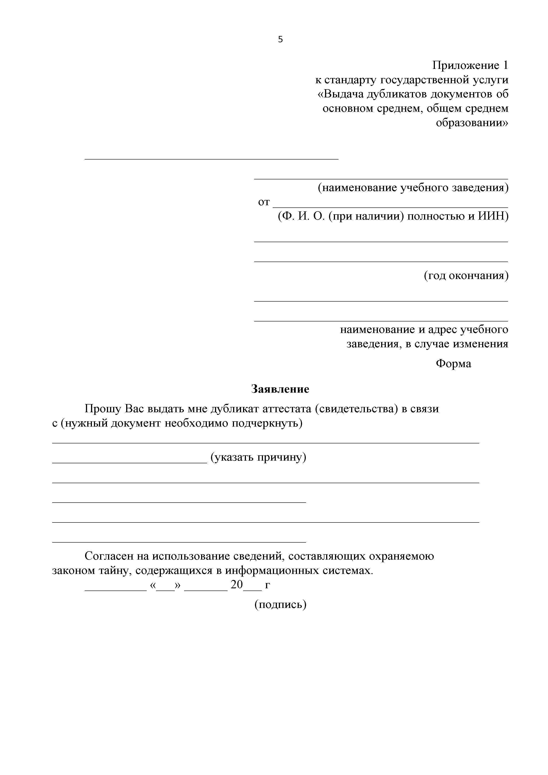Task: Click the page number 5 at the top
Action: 280,40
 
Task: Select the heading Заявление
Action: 280,389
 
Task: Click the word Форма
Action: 453,364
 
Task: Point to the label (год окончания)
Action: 466,276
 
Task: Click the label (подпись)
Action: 280,604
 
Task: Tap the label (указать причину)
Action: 258,457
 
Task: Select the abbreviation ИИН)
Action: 493,216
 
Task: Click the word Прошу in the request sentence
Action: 103,409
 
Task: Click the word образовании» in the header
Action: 472,123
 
